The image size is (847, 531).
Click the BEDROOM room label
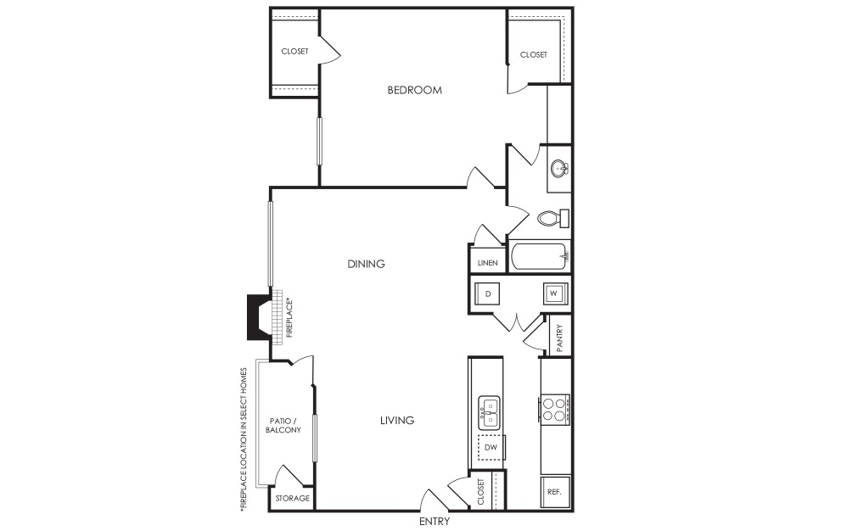[x=414, y=90]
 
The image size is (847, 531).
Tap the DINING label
[x=366, y=264]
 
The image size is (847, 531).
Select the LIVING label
[x=397, y=421]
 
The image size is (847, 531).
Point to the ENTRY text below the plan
[x=435, y=522]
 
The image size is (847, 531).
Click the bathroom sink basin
[x=559, y=169]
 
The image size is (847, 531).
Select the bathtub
[x=540, y=257]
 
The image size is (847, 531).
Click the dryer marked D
[x=487, y=294]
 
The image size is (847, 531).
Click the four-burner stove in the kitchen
[x=554, y=410]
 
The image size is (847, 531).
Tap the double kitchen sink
[x=490, y=412]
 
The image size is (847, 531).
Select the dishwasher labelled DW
[x=491, y=448]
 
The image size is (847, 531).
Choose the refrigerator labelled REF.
[x=555, y=492]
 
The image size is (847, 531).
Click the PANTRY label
[x=559, y=338]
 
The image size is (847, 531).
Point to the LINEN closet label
[x=488, y=263]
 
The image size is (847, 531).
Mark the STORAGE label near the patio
[x=292, y=498]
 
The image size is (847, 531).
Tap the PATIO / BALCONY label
[x=283, y=425]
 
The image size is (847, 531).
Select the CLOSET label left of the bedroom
[x=295, y=51]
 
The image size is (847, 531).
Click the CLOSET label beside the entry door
[x=481, y=492]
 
